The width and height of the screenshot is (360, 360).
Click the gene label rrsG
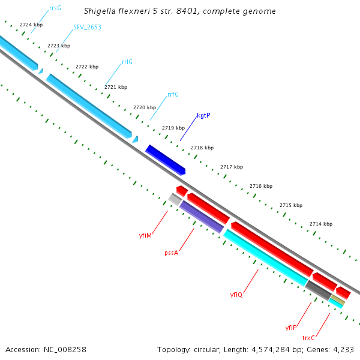pos(55,8)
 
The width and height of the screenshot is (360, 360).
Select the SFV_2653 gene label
pos(87,28)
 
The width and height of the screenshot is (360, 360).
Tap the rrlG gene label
pos(127,62)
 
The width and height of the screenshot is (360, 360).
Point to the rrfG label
pos(173,94)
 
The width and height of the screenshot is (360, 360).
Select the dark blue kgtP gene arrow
pos(165,160)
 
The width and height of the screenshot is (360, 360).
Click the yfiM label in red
pos(145,236)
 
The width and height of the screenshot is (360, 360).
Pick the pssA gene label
pos(171,253)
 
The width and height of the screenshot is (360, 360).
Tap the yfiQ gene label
pos(236,295)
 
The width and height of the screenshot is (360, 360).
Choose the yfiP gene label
pos(291,328)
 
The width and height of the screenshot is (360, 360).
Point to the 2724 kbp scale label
pos(31,25)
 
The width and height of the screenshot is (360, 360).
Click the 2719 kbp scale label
pos(173,128)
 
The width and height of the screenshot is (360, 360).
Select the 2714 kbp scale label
pos(321,224)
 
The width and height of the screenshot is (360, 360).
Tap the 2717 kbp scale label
pos(231,167)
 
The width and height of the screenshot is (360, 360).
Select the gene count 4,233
pos(343,349)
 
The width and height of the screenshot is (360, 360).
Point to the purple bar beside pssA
pos(202,217)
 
